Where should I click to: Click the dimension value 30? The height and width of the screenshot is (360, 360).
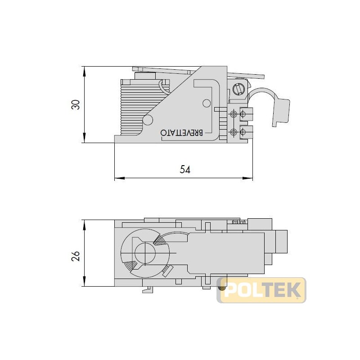pos(76,104)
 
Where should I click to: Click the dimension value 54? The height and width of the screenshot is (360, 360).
pos(185,169)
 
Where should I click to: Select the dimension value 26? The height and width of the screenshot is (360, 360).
pos(76,256)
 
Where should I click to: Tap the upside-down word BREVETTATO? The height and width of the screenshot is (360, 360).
pos(182,133)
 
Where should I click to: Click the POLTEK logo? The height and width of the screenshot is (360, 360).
pos(261,290)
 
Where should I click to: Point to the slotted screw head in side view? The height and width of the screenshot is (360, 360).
pos(239,88)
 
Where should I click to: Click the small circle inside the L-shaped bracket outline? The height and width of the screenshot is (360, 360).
pos(207,103)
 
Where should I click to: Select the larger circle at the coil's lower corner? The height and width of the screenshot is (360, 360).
pos(147,120)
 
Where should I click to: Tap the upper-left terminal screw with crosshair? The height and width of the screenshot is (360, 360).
pos(233,113)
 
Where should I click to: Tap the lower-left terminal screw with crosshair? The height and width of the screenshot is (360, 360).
pos(233,132)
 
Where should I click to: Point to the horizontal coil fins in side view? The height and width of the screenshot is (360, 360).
pos(135,108)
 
